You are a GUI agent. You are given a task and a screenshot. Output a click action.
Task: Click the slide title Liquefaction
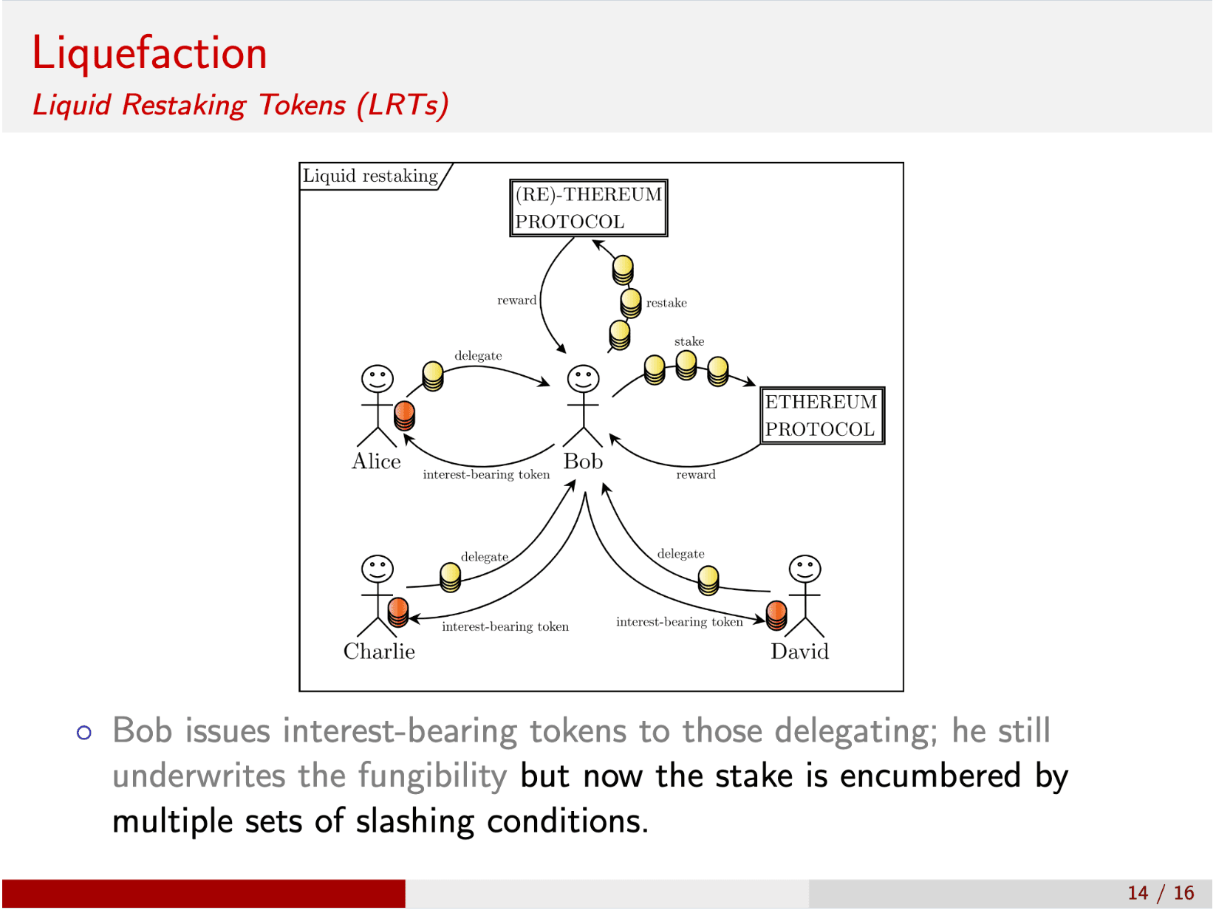pyautogui.click(x=149, y=53)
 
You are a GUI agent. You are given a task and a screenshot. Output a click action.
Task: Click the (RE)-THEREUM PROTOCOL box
pyautogui.click(x=588, y=208)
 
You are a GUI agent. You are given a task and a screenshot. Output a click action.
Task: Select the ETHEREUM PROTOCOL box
pyautogui.click(x=822, y=415)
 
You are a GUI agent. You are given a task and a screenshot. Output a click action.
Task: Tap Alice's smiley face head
pyautogui.click(x=377, y=379)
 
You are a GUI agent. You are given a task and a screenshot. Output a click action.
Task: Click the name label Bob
pyautogui.click(x=583, y=462)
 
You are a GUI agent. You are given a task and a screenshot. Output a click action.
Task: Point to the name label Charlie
pyautogui.click(x=379, y=651)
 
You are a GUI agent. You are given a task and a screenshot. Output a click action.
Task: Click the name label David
pyautogui.click(x=799, y=651)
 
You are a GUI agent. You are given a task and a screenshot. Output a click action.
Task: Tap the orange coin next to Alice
pyautogui.click(x=404, y=415)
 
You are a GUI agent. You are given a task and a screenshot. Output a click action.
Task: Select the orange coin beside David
pyautogui.click(x=776, y=615)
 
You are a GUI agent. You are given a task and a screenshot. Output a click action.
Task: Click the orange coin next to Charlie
pyautogui.click(x=398, y=612)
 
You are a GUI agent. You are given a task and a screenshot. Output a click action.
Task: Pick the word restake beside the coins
pyautogui.click(x=666, y=303)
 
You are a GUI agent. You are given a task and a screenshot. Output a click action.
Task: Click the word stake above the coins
pyautogui.click(x=689, y=341)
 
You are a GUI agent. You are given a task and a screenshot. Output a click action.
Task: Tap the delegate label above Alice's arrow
pyautogui.click(x=478, y=356)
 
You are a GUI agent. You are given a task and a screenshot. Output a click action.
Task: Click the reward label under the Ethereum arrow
pyautogui.click(x=695, y=475)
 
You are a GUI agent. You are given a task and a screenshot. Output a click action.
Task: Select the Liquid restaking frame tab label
pyautogui.click(x=371, y=176)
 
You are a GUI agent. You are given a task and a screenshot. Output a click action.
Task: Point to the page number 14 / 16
pyautogui.click(x=1161, y=892)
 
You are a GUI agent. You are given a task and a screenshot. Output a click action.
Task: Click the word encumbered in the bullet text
pyautogui.click(x=930, y=776)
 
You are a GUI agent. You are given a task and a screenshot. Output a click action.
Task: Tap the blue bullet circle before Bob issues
pyautogui.click(x=84, y=732)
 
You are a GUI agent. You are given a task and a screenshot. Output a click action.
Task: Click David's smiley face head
pyautogui.click(x=805, y=569)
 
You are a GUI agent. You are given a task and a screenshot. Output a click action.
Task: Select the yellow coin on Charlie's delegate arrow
pyautogui.click(x=450, y=577)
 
